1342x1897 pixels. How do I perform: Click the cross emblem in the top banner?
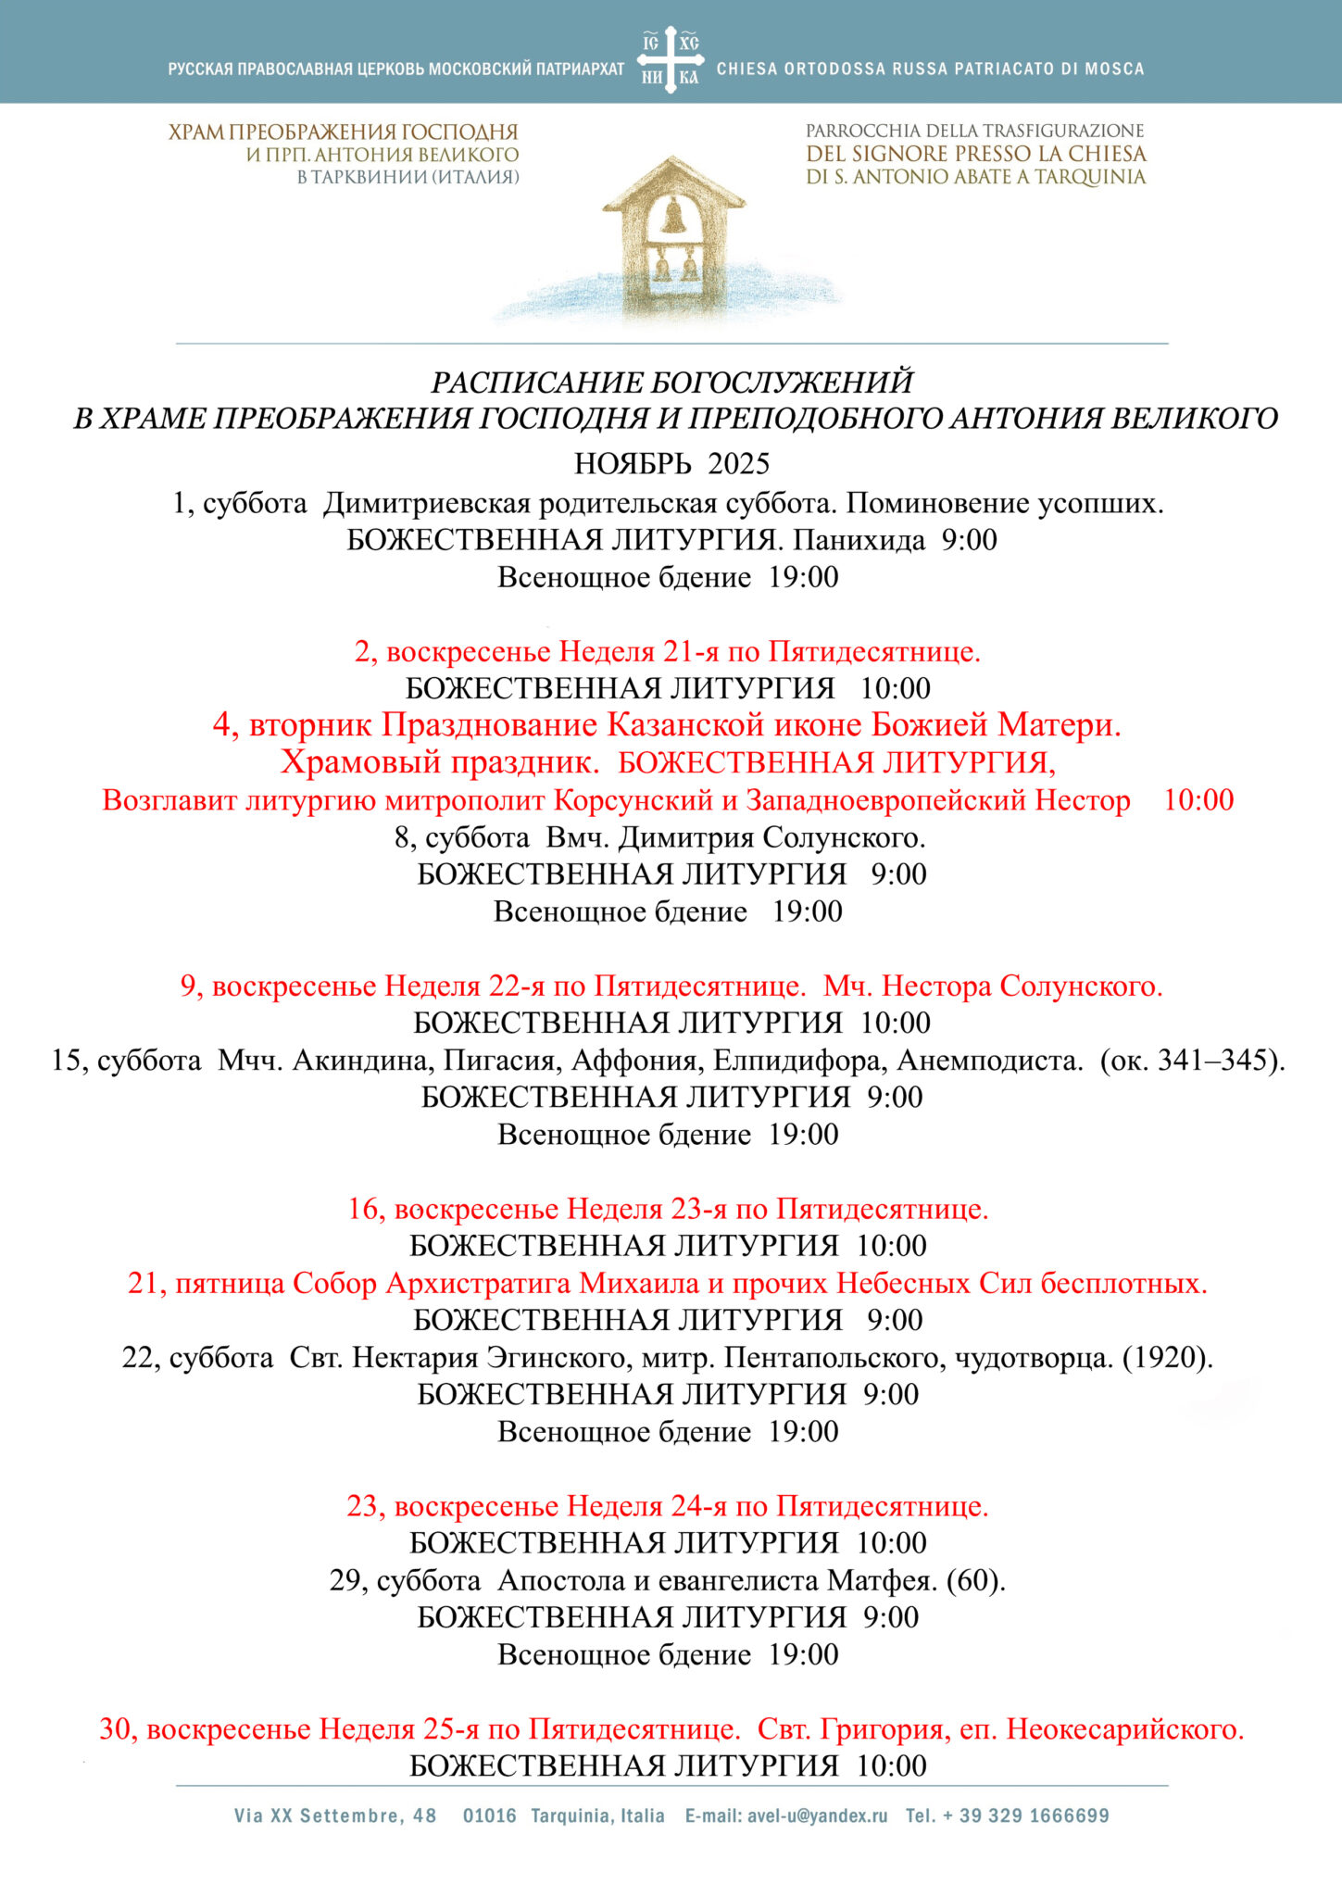tap(671, 59)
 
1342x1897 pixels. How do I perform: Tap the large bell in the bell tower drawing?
tap(674, 217)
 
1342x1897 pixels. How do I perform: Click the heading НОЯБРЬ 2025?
tap(671, 463)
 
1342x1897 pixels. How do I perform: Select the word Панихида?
tap(859, 540)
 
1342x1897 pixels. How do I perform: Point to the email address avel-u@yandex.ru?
tap(817, 1815)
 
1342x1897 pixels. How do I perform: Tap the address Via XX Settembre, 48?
tap(335, 1815)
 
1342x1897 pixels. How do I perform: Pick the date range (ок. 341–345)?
tap(1192, 1060)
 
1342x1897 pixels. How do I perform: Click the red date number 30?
tap(119, 1729)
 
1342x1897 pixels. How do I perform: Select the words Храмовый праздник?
tap(439, 762)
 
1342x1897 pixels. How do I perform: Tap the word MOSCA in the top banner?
tap(1115, 69)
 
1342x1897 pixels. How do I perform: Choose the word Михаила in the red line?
tap(638, 1284)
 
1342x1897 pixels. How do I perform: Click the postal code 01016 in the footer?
tap(490, 1815)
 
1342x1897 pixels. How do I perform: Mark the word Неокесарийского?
tap(1124, 1729)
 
